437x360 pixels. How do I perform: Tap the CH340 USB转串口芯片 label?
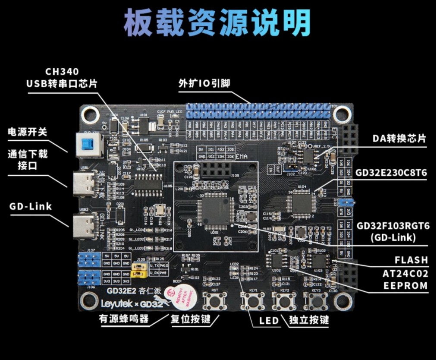point(62,78)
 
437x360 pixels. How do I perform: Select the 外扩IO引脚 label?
point(204,83)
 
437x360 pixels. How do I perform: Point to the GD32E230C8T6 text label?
point(391,173)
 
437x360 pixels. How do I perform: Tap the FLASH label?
point(411,260)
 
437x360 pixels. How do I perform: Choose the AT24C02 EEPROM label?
point(405,280)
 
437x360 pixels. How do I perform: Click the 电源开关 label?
point(27,132)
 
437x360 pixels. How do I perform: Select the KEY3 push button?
point(319,300)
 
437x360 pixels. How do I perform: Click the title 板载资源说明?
point(217,22)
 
